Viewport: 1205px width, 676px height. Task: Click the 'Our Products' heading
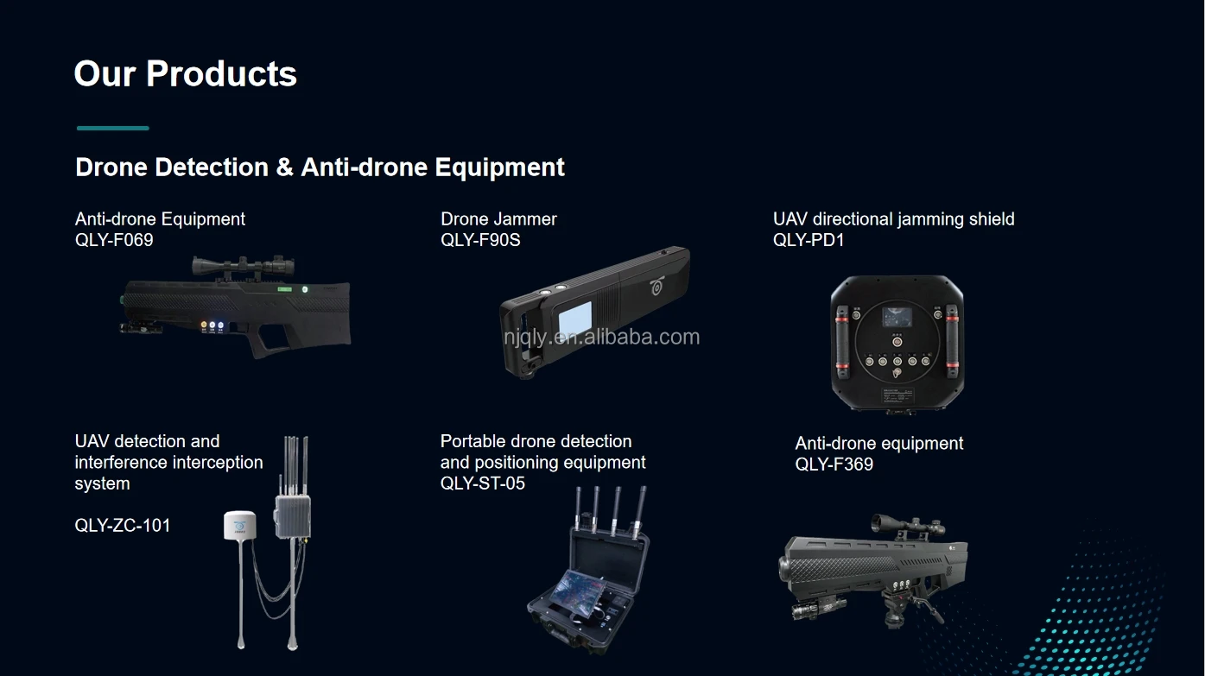tap(185, 74)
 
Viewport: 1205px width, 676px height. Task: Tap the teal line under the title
tap(112, 128)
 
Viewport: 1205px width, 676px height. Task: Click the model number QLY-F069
tap(114, 240)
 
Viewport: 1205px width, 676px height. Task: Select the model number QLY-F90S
tap(480, 240)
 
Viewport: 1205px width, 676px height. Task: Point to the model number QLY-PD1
tap(809, 240)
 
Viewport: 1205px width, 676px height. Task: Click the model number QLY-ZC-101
tap(123, 525)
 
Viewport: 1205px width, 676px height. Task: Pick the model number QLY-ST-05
tap(483, 483)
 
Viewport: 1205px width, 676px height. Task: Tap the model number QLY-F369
tap(834, 464)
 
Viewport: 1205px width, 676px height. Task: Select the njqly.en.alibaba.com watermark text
tap(602, 337)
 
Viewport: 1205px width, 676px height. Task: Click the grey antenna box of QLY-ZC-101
tap(293, 516)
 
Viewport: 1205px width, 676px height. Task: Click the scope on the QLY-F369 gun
tap(906, 524)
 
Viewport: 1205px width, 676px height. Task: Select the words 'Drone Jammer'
tap(498, 219)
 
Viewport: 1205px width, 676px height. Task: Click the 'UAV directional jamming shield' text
tap(893, 219)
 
